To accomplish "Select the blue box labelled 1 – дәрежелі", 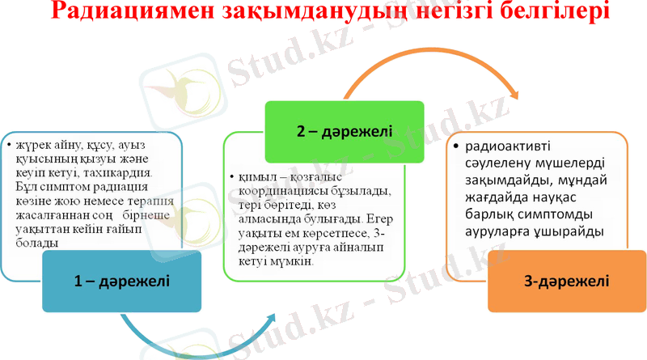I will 121,282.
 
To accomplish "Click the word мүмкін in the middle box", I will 291,263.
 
